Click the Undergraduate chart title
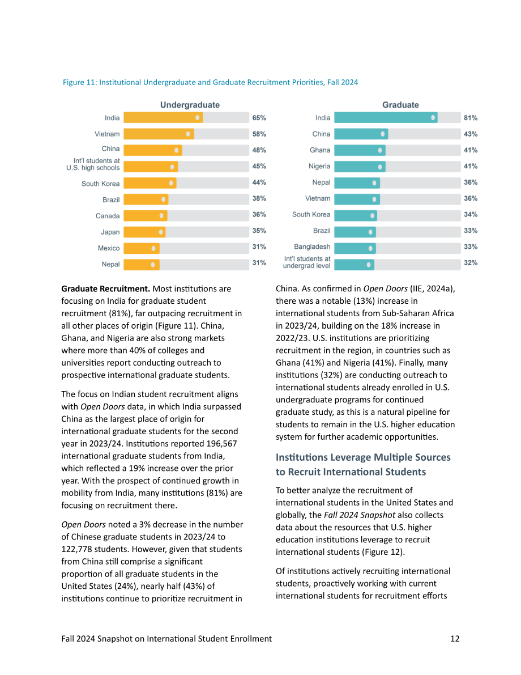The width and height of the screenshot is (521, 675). (190, 105)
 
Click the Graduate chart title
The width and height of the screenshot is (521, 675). (400, 105)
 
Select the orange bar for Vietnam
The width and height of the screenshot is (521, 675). (159, 134)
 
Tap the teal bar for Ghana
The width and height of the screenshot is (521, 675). (360, 150)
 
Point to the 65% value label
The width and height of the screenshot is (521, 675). (259, 118)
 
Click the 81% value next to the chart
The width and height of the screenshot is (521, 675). (471, 118)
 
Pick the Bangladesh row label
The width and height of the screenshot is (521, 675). (313, 247)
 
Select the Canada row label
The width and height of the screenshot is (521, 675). (108, 216)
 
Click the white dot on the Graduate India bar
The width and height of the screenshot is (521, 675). (433, 117)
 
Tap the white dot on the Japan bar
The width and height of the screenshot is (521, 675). (161, 232)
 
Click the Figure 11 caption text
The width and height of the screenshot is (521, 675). (210, 82)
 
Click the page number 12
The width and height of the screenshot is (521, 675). (455, 639)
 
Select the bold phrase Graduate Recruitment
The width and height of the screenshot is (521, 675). (105, 289)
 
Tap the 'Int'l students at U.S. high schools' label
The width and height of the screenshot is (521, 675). (93, 164)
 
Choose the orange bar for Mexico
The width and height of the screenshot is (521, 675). (142, 248)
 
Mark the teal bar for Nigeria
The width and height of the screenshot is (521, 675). (360, 167)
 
